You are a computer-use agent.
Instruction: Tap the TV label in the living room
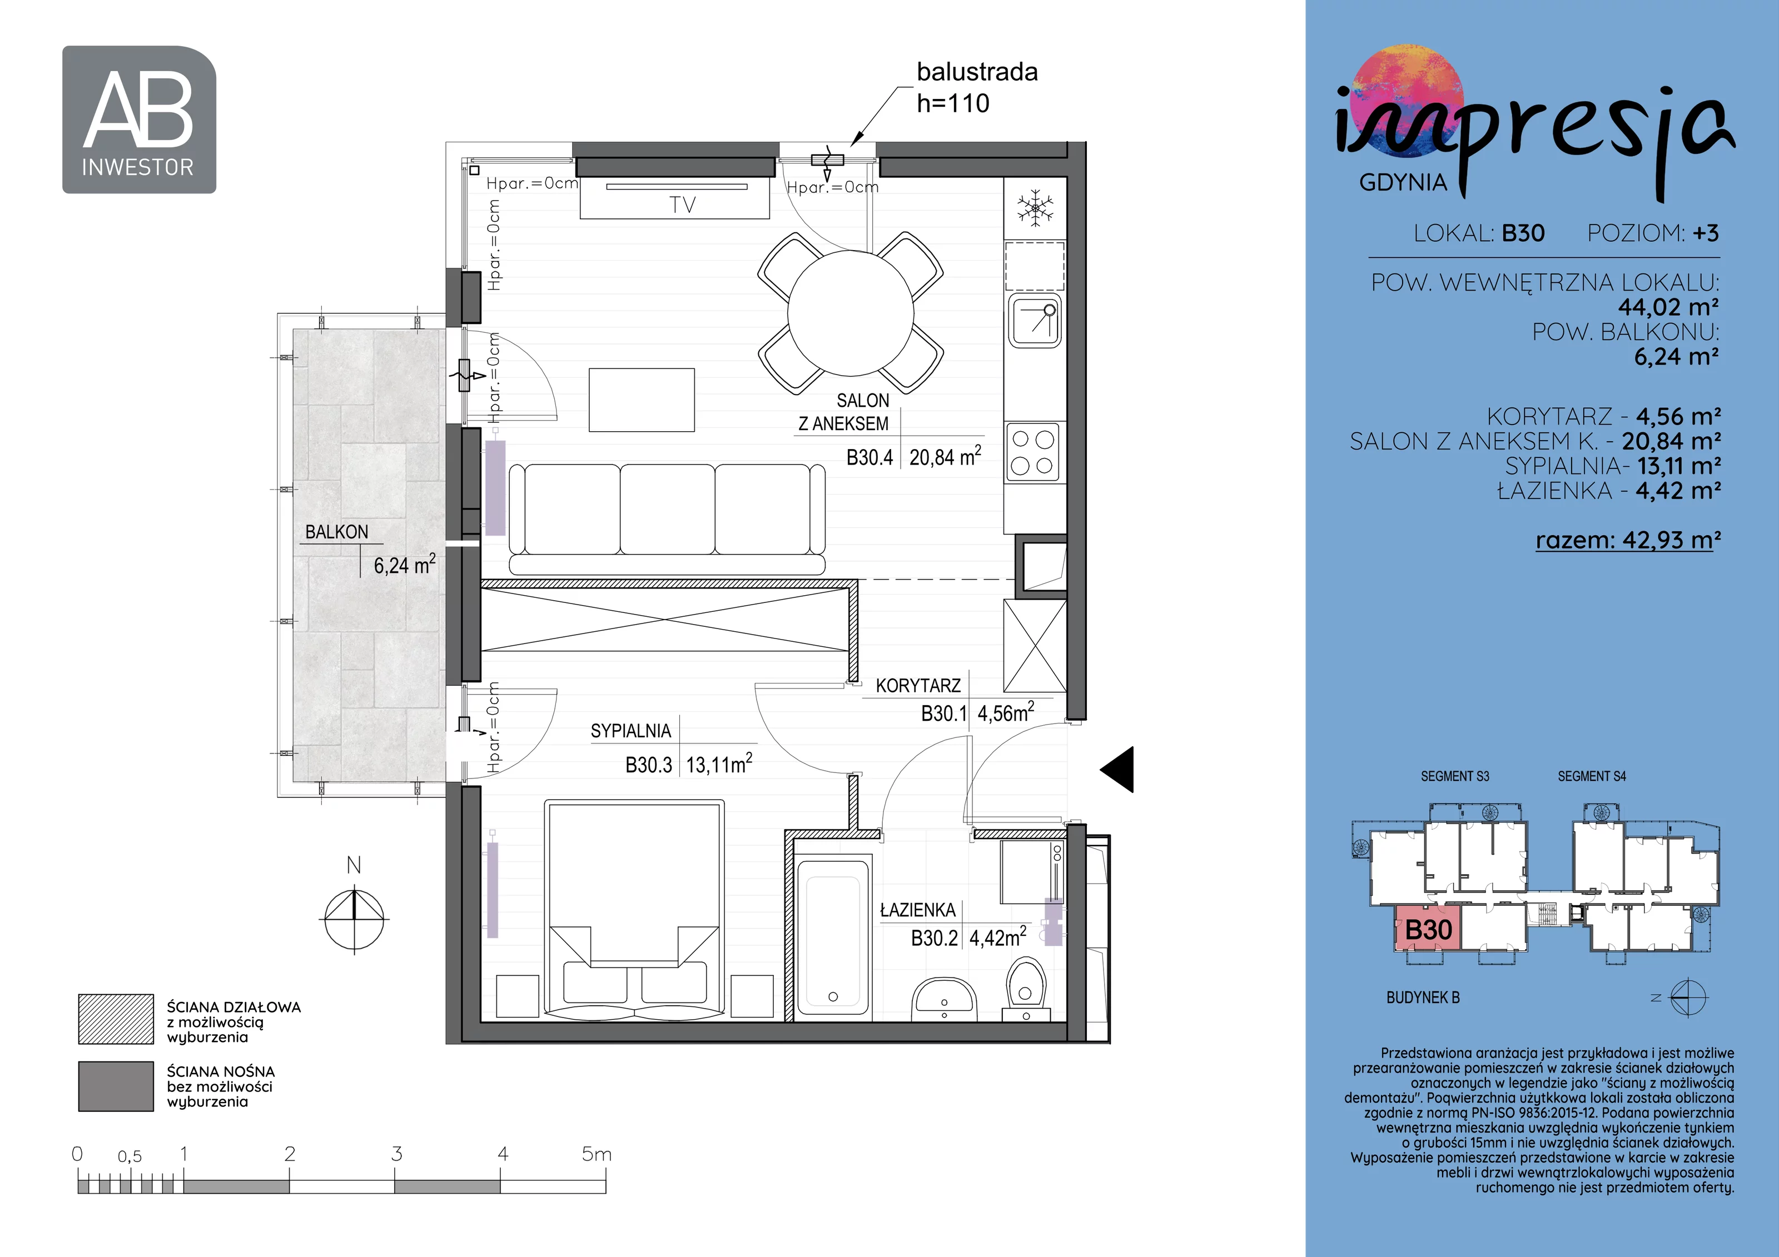tap(683, 205)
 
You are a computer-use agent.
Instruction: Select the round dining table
tap(851, 313)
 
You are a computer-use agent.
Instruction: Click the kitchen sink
tap(1035, 321)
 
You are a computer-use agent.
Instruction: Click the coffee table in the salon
tap(642, 400)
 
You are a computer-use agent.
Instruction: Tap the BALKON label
tap(336, 532)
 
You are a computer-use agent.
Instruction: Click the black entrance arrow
tap(1117, 769)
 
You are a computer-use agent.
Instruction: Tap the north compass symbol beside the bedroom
tap(354, 919)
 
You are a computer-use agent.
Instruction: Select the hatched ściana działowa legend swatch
tap(116, 1019)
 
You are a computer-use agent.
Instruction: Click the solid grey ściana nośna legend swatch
tap(116, 1086)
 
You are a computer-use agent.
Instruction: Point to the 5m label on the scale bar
tap(597, 1154)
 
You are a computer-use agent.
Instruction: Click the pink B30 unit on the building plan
tap(1428, 929)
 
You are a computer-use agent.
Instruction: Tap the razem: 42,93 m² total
tap(1628, 540)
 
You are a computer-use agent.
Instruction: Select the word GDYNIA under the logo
tap(1403, 182)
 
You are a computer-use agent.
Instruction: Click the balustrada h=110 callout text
tap(977, 87)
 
